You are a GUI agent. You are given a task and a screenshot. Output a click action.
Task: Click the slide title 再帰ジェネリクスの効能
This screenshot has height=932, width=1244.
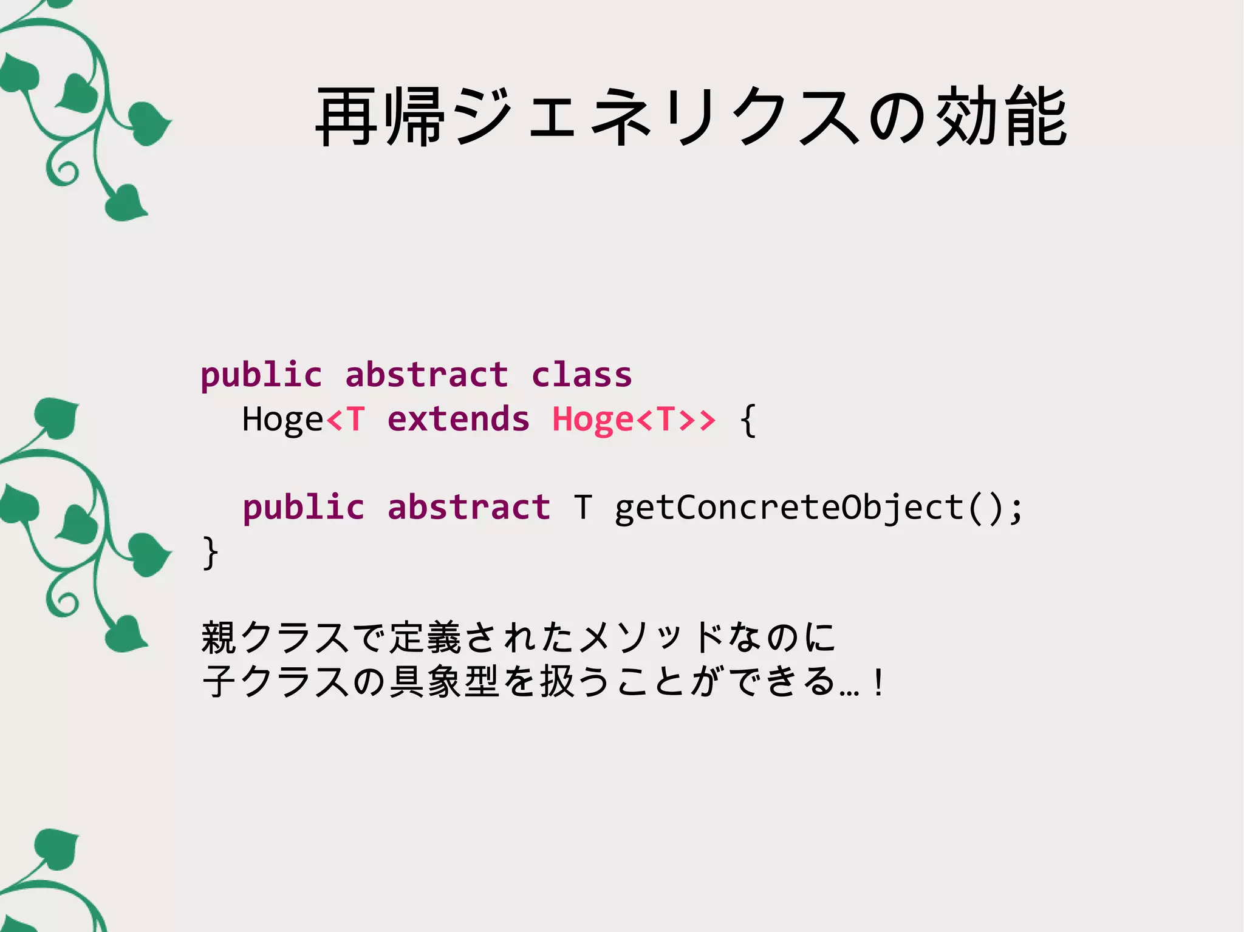(x=691, y=117)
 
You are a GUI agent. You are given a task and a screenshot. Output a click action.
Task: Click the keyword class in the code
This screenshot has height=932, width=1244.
(x=581, y=375)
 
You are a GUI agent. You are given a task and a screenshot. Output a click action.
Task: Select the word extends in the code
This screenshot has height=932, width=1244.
(x=458, y=419)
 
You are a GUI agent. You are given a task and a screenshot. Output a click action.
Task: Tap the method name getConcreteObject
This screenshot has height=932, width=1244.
(x=789, y=507)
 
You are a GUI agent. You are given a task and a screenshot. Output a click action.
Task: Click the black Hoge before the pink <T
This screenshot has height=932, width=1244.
(x=282, y=419)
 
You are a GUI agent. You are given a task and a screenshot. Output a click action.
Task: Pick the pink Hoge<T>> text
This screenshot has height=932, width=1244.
(x=634, y=419)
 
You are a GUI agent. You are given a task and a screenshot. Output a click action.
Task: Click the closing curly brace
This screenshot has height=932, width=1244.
(x=210, y=553)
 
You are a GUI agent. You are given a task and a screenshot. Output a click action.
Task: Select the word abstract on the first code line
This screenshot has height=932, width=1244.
(x=426, y=375)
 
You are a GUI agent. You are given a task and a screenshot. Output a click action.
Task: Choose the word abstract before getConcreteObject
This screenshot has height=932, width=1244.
(x=468, y=507)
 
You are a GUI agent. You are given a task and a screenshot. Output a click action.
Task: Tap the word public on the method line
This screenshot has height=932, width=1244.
(x=303, y=508)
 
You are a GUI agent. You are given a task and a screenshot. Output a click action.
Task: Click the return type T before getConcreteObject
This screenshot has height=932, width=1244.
(x=583, y=507)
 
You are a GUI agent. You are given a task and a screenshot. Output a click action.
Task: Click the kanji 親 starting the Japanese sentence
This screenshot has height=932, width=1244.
(x=219, y=638)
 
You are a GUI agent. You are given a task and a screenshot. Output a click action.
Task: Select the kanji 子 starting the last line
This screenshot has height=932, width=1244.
(x=219, y=681)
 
